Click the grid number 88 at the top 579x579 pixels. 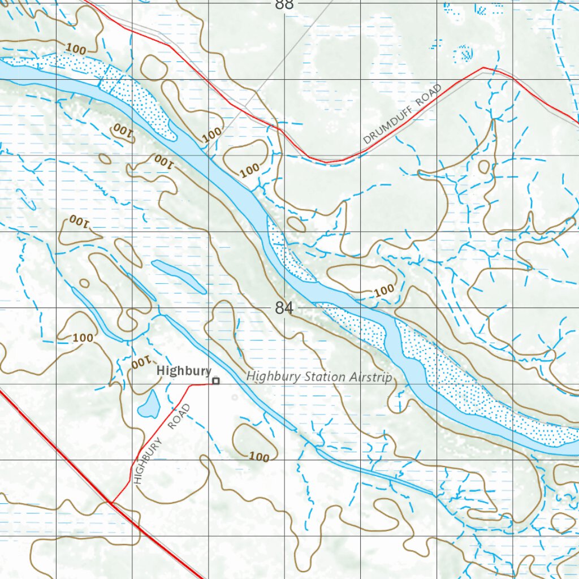284,5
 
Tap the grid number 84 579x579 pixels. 284,309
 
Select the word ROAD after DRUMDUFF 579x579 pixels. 429,96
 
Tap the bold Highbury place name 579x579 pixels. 184,371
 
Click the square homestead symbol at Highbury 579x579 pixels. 215,382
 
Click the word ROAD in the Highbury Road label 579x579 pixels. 180,417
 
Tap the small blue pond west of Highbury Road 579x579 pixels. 150,404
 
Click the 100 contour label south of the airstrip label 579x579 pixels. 259,457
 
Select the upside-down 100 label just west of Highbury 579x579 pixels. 142,362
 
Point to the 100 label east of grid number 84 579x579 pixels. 384,290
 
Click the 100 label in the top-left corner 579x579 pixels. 76,50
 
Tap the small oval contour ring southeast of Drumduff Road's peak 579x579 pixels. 484,167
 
